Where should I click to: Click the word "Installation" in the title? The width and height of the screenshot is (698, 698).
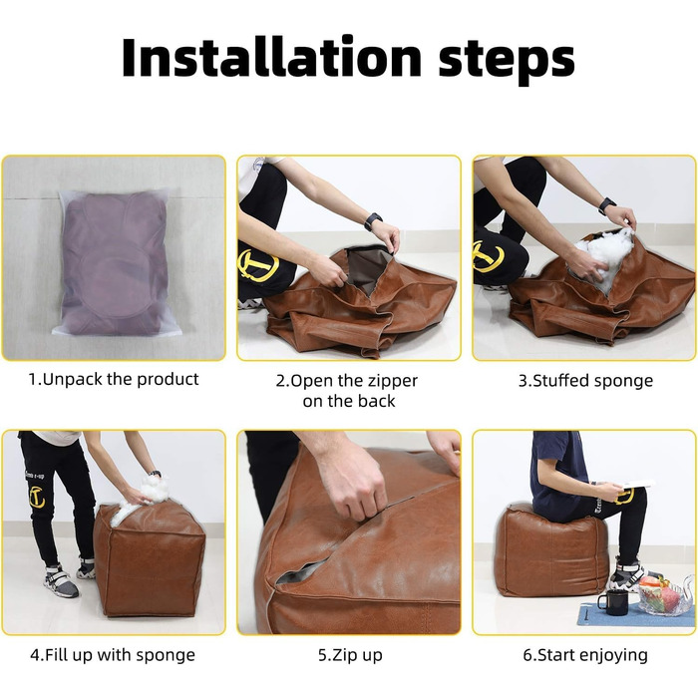[x=271, y=58]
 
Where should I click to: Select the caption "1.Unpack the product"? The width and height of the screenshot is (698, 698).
[x=114, y=379]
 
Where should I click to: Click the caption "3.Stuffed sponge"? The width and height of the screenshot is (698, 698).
[x=585, y=381]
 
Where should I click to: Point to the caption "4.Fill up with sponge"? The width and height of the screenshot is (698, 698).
[x=113, y=655]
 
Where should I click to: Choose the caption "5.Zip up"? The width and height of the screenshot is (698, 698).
[x=350, y=656]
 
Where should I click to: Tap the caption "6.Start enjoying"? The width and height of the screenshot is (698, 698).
[x=585, y=656]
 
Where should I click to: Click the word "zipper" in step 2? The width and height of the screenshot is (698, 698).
[x=391, y=382]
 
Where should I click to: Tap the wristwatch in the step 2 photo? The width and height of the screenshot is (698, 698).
[x=373, y=221]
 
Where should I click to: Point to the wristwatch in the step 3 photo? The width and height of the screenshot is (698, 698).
[x=606, y=206]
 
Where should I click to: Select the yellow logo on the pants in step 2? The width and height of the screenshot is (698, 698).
[x=258, y=265]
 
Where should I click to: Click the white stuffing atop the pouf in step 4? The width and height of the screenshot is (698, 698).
[x=142, y=498]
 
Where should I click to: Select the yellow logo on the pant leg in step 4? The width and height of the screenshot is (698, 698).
[x=37, y=498]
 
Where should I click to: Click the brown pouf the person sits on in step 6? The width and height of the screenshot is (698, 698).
[x=552, y=552]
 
